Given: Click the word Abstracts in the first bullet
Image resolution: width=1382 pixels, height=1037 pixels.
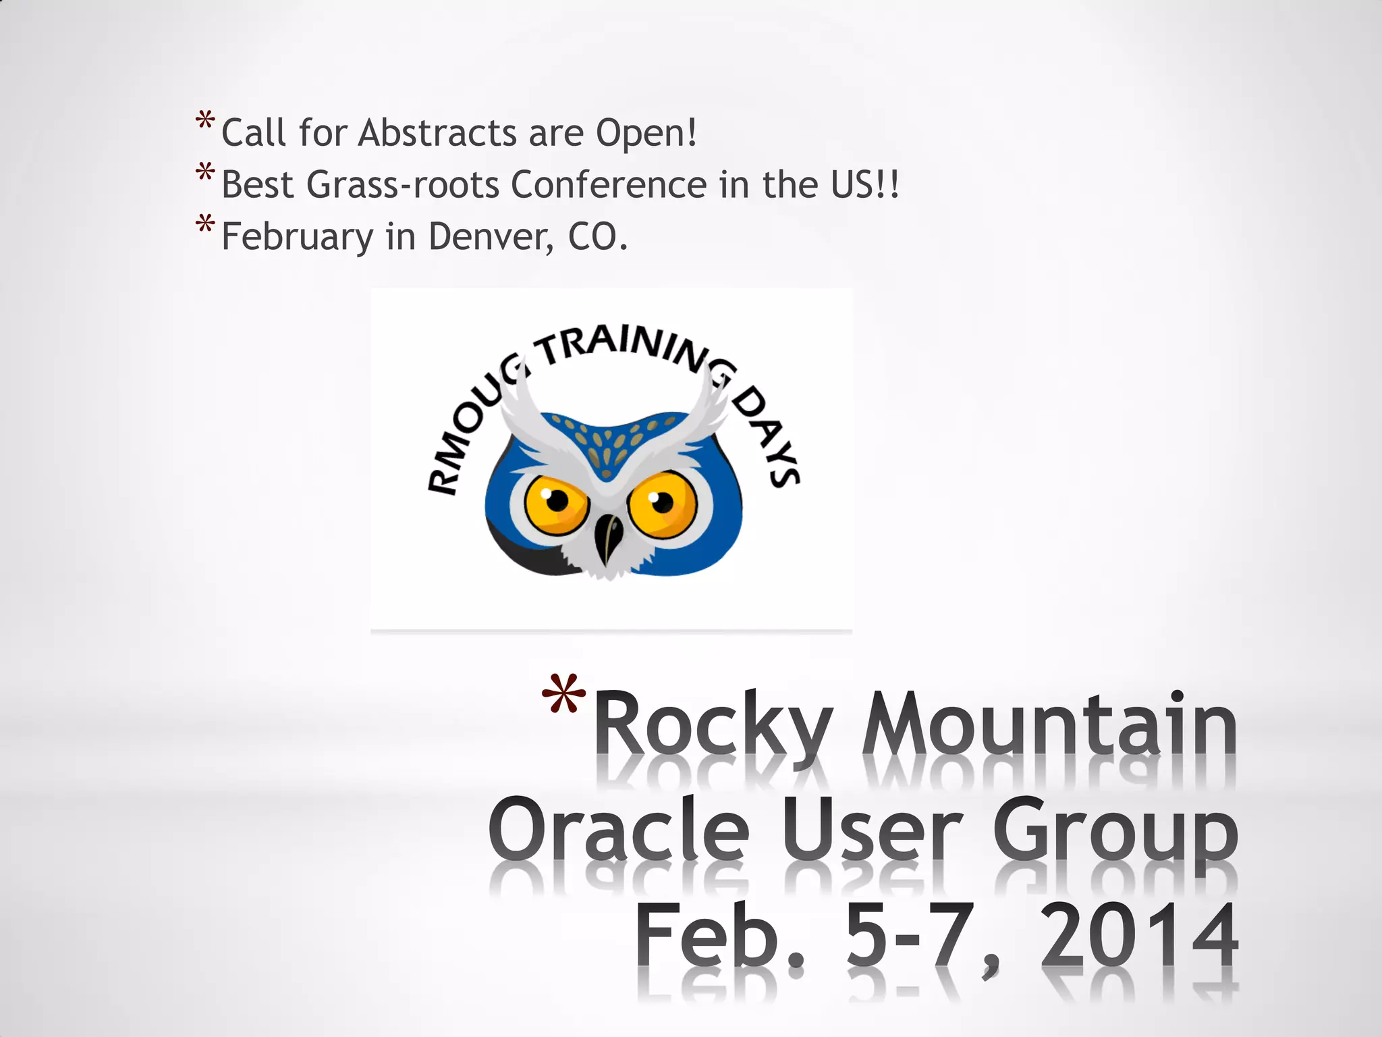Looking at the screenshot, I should coord(437,132).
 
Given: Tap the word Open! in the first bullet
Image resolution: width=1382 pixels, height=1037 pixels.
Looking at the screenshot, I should coord(646,134).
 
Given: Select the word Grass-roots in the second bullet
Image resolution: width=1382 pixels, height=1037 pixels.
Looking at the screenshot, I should coord(402,184).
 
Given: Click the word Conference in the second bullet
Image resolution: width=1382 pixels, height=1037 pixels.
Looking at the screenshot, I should coord(609,184).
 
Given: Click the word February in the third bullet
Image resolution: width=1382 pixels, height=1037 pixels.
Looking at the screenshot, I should coord(297,238).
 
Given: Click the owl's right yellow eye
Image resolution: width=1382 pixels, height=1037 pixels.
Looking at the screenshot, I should coord(661,504).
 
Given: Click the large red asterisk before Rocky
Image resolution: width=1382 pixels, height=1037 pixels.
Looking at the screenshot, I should coord(563,695).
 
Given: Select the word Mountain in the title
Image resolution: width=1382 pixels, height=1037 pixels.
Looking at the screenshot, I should coord(1049,726).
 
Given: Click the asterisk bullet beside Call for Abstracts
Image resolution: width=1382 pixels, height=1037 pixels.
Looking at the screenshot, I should coord(205,122).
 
